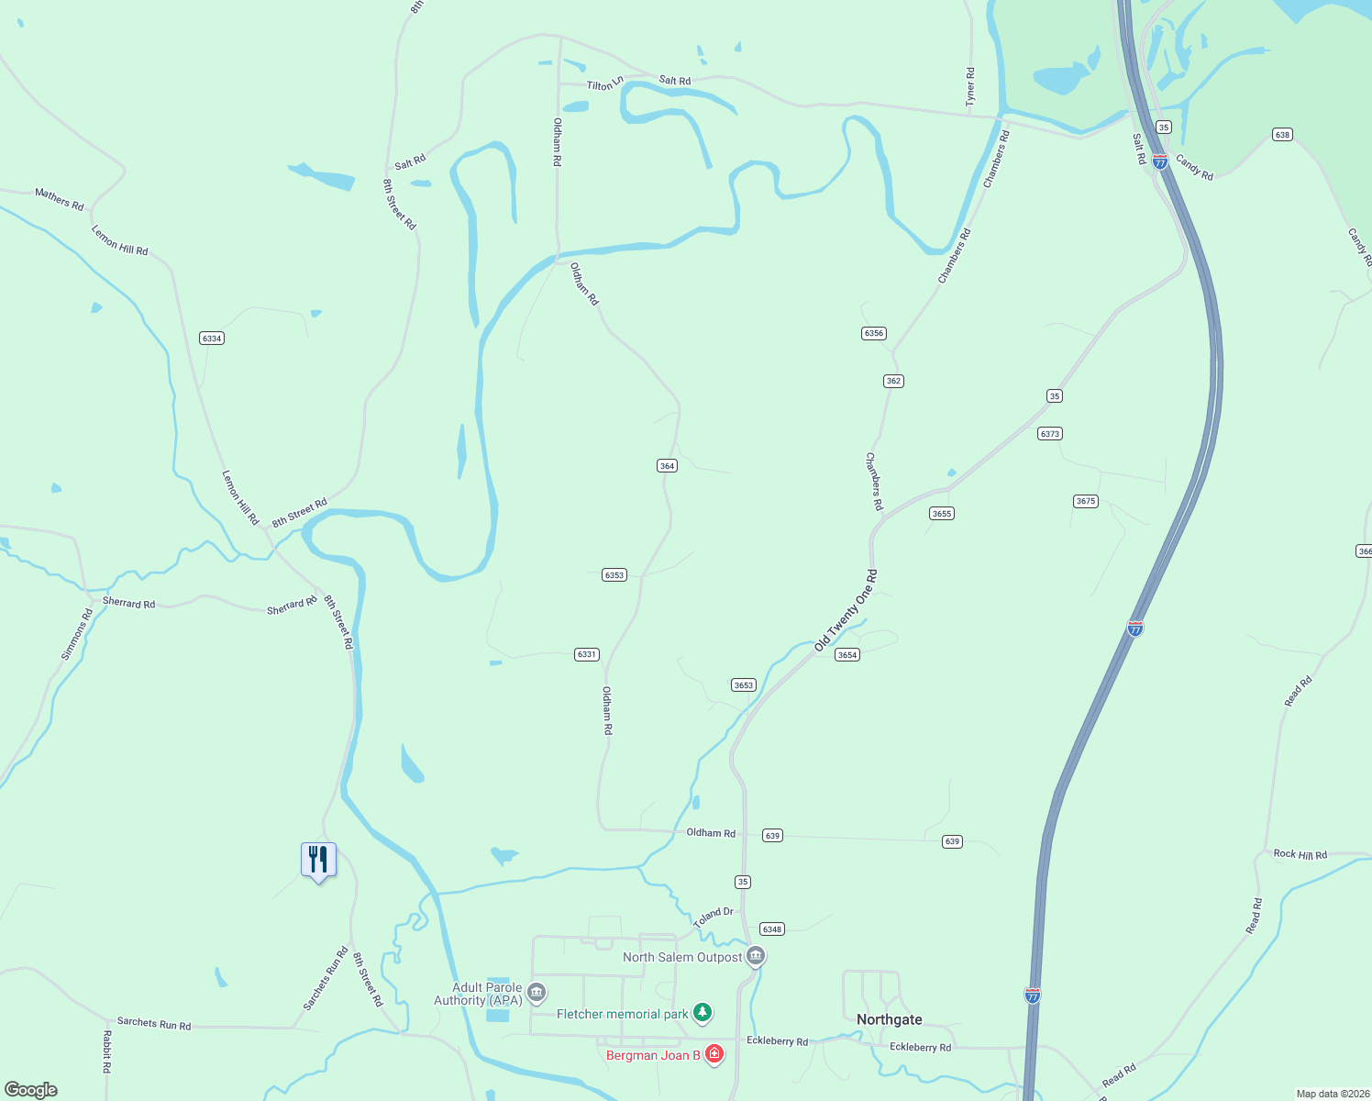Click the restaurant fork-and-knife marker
click(x=318, y=860)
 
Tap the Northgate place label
click(x=889, y=1019)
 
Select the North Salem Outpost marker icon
click(x=756, y=957)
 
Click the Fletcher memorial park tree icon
click(x=703, y=1013)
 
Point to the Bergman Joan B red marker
click(x=714, y=1054)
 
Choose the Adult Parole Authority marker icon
click(x=537, y=993)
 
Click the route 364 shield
click(x=667, y=466)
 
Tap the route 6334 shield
click(x=212, y=339)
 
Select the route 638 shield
click(x=1282, y=135)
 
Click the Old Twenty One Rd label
click(x=846, y=611)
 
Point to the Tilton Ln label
click(x=605, y=84)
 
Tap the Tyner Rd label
click(x=970, y=85)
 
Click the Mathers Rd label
click(x=60, y=198)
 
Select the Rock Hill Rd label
click(x=1300, y=854)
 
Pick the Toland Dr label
click(x=714, y=917)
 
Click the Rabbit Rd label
click(x=106, y=1051)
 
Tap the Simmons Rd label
click(x=77, y=634)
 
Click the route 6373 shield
click(x=1050, y=434)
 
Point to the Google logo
click(x=31, y=1090)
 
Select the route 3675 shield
click(x=1086, y=501)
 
